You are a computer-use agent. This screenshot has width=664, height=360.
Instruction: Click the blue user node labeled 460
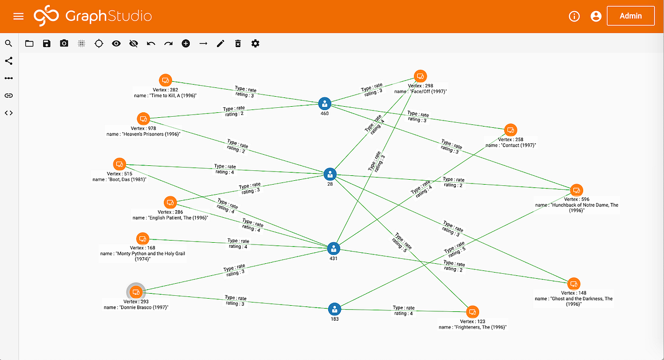click(325, 103)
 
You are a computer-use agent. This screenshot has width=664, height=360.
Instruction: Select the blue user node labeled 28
click(330, 175)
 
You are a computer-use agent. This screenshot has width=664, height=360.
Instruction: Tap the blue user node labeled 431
click(333, 248)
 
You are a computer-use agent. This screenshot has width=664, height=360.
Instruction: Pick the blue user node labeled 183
click(334, 309)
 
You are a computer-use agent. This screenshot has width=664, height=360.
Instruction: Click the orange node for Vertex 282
click(165, 80)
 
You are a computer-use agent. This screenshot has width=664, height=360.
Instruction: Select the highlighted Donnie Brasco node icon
click(136, 291)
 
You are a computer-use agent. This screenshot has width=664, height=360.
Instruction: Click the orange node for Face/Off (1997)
click(420, 77)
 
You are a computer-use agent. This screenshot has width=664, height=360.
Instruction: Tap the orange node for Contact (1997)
click(510, 131)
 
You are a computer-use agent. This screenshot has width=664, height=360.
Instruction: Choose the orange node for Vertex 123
click(472, 312)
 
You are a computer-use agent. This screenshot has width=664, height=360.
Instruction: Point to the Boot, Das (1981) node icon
click(120, 164)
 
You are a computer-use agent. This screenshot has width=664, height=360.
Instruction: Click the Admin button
click(630, 16)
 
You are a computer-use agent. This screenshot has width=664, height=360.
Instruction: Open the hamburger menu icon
click(18, 16)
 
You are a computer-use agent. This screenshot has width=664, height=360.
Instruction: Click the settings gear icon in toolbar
click(255, 43)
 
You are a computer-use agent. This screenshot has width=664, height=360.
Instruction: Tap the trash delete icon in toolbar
click(238, 43)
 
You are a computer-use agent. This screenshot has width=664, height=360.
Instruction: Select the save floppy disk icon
click(46, 43)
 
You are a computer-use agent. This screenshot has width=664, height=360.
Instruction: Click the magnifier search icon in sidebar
click(8, 43)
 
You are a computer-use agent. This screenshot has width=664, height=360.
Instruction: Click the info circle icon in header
click(574, 16)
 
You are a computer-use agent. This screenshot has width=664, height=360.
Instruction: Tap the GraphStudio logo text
click(108, 16)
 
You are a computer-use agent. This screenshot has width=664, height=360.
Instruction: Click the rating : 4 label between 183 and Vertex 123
click(403, 314)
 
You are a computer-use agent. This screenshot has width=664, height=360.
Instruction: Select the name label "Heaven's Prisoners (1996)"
click(143, 134)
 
